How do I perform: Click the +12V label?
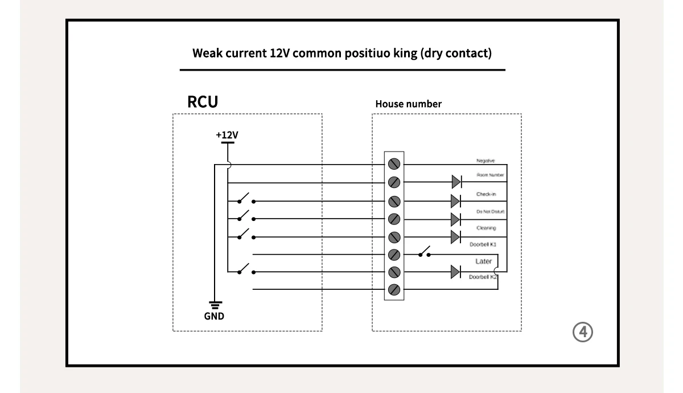coord(227,135)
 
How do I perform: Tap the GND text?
coord(215,316)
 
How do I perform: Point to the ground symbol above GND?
coord(215,305)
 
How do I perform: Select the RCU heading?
coord(203,102)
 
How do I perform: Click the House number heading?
coord(408,104)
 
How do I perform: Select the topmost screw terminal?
coord(394,165)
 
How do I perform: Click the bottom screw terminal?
coord(394,290)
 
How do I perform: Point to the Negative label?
coord(485,161)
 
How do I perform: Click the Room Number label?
coord(490,175)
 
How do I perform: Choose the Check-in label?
coord(486,194)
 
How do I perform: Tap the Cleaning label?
coord(486,228)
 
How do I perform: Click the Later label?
coord(483,261)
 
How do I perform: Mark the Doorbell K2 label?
coord(483,277)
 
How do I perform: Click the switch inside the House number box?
coord(424,252)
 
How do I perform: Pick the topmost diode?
coord(456,182)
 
